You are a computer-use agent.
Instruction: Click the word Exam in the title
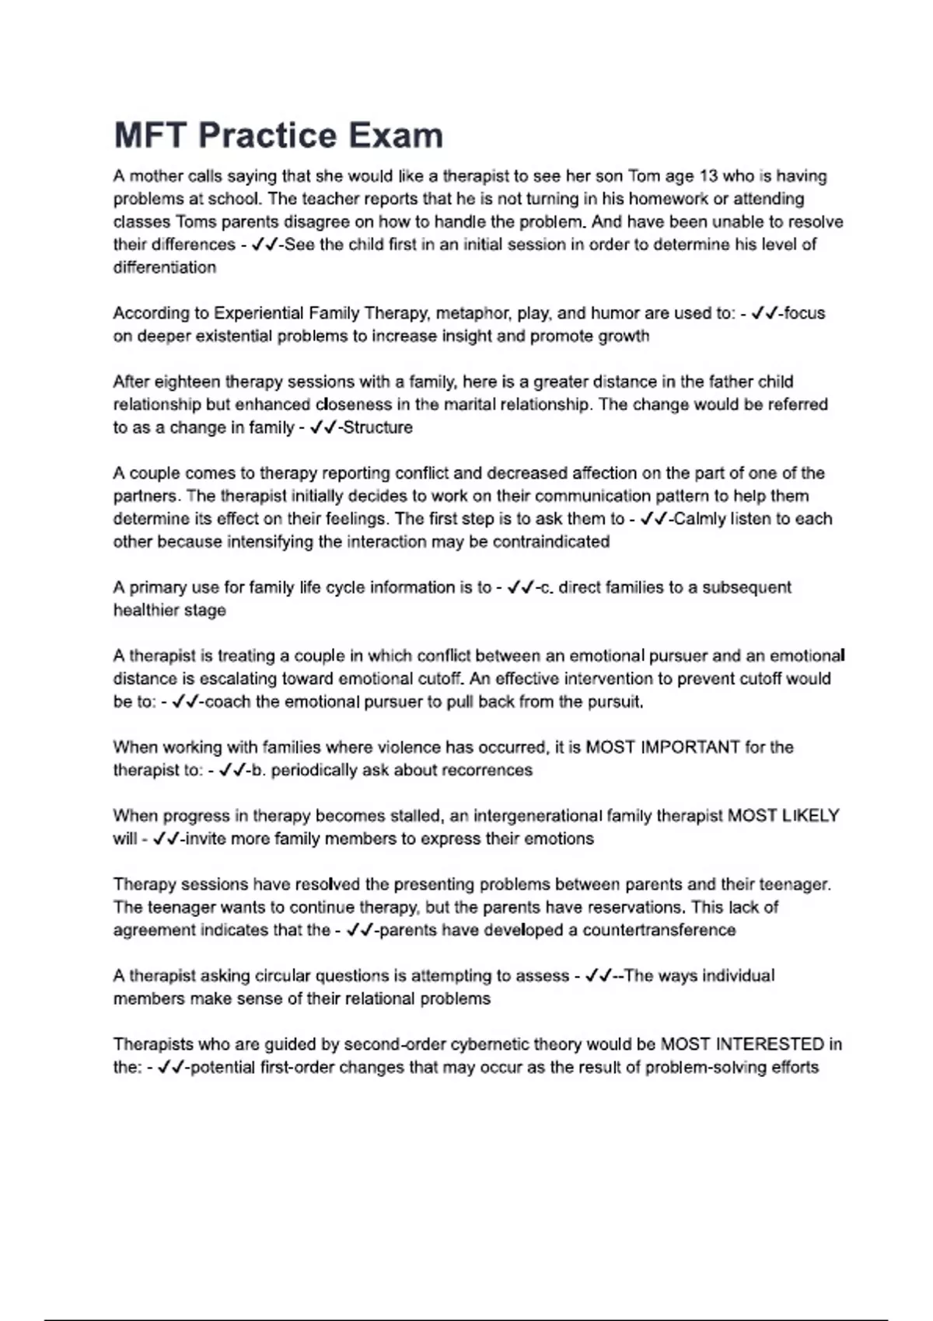coord(395,135)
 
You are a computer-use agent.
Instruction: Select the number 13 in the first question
coord(708,176)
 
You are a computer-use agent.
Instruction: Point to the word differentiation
coord(165,267)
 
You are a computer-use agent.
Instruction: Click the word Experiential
coord(259,313)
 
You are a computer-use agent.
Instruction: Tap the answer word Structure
coord(378,427)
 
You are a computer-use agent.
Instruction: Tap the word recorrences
coord(483,770)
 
